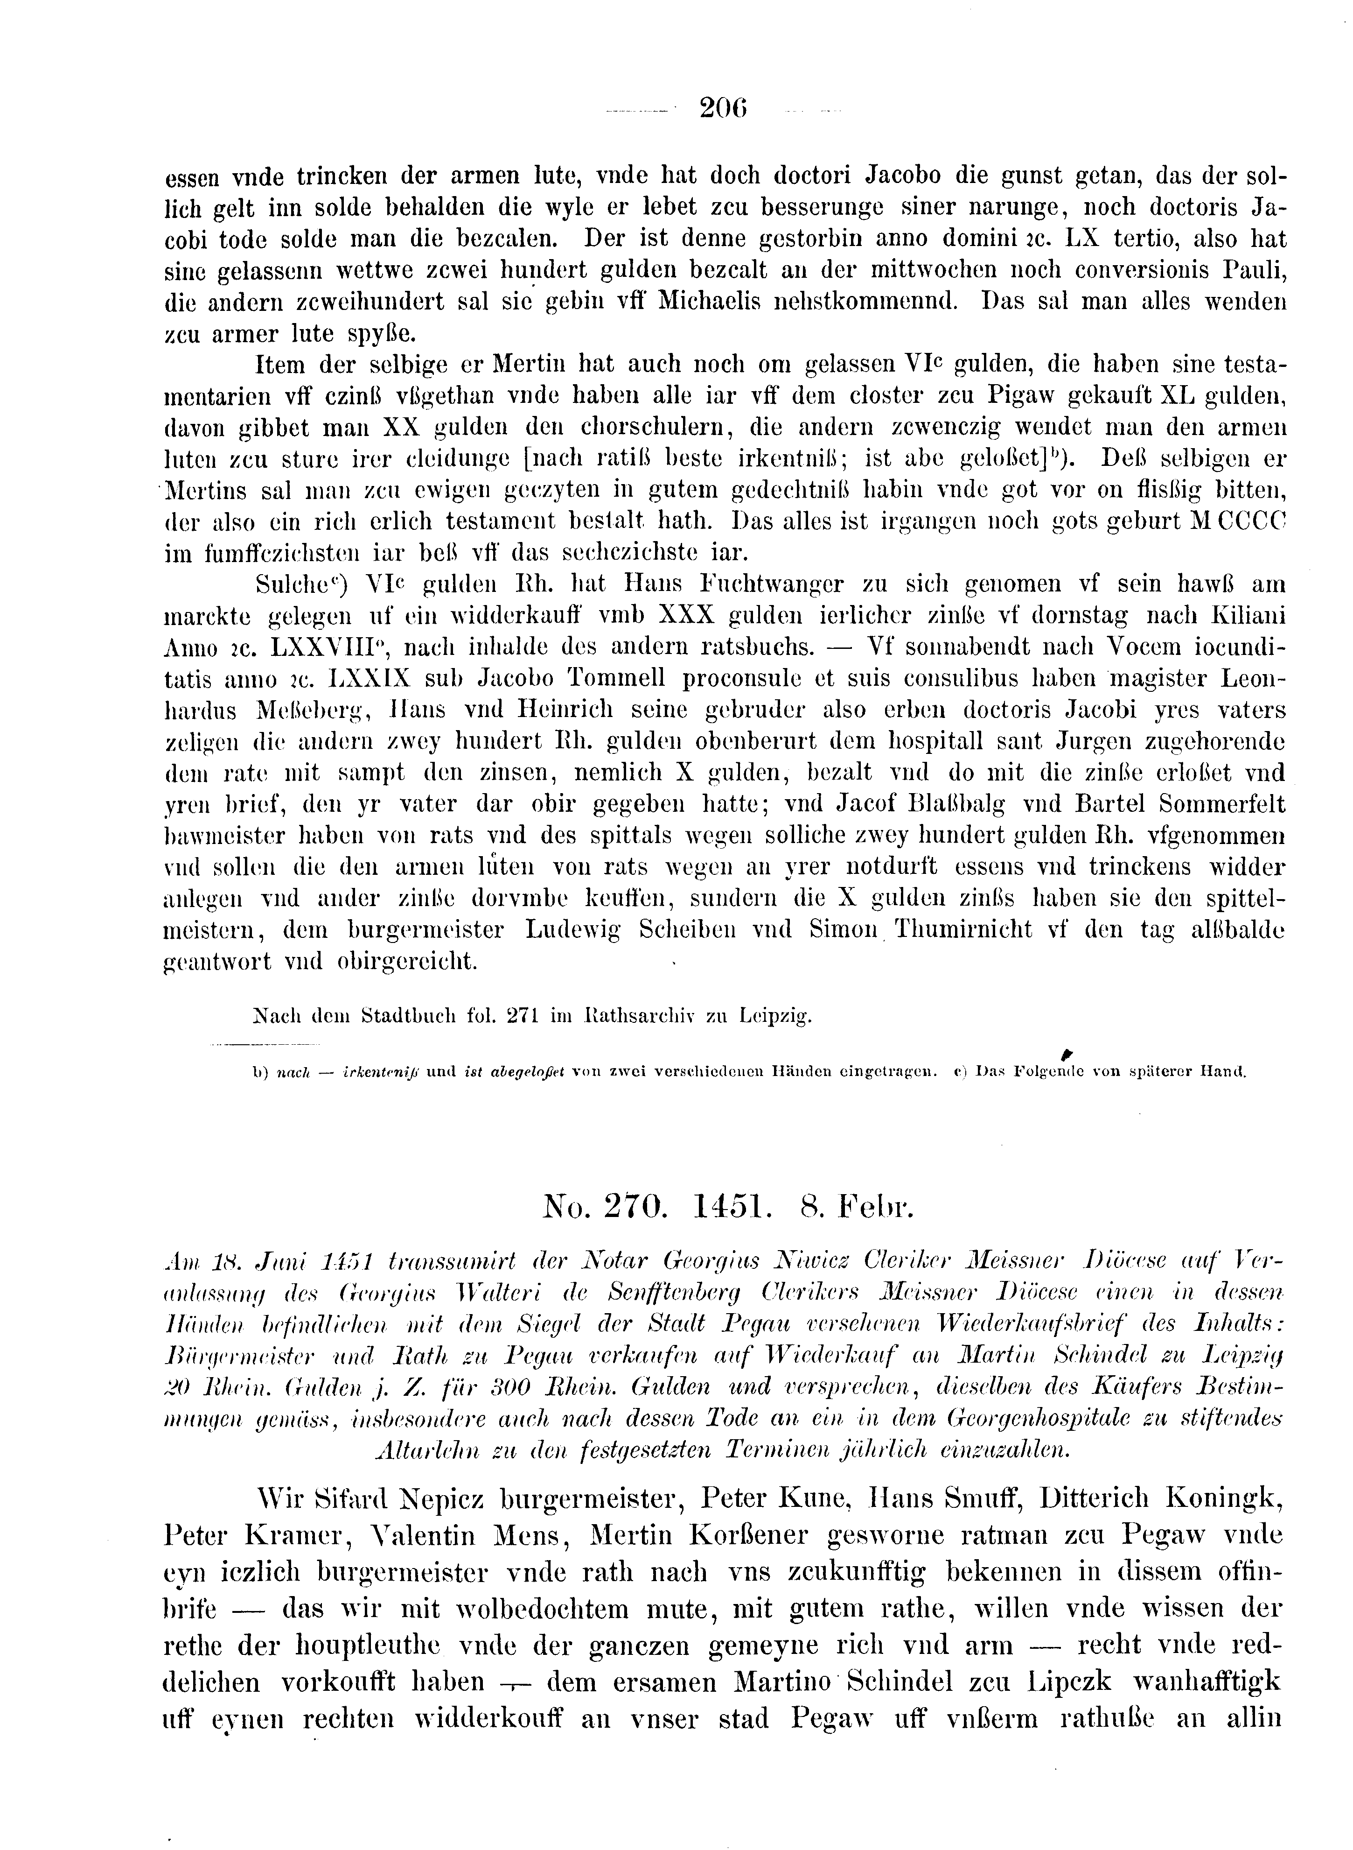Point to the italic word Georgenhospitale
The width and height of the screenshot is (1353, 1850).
point(1061,1417)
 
